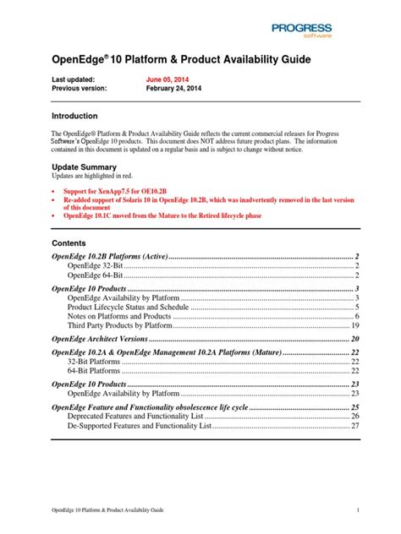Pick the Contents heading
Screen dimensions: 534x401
click(x=69, y=243)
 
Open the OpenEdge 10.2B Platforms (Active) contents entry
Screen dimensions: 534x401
click(x=111, y=257)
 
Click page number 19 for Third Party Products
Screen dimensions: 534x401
click(x=355, y=326)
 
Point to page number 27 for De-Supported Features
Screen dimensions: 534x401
click(x=355, y=427)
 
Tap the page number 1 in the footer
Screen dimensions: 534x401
click(x=358, y=510)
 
